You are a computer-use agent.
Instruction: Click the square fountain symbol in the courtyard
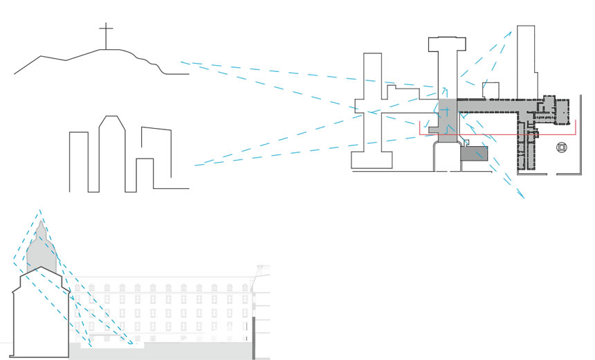562,147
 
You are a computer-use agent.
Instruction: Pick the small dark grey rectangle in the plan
475,154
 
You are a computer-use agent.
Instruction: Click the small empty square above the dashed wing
490,90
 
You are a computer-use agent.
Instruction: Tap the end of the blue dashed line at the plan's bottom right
524,198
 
